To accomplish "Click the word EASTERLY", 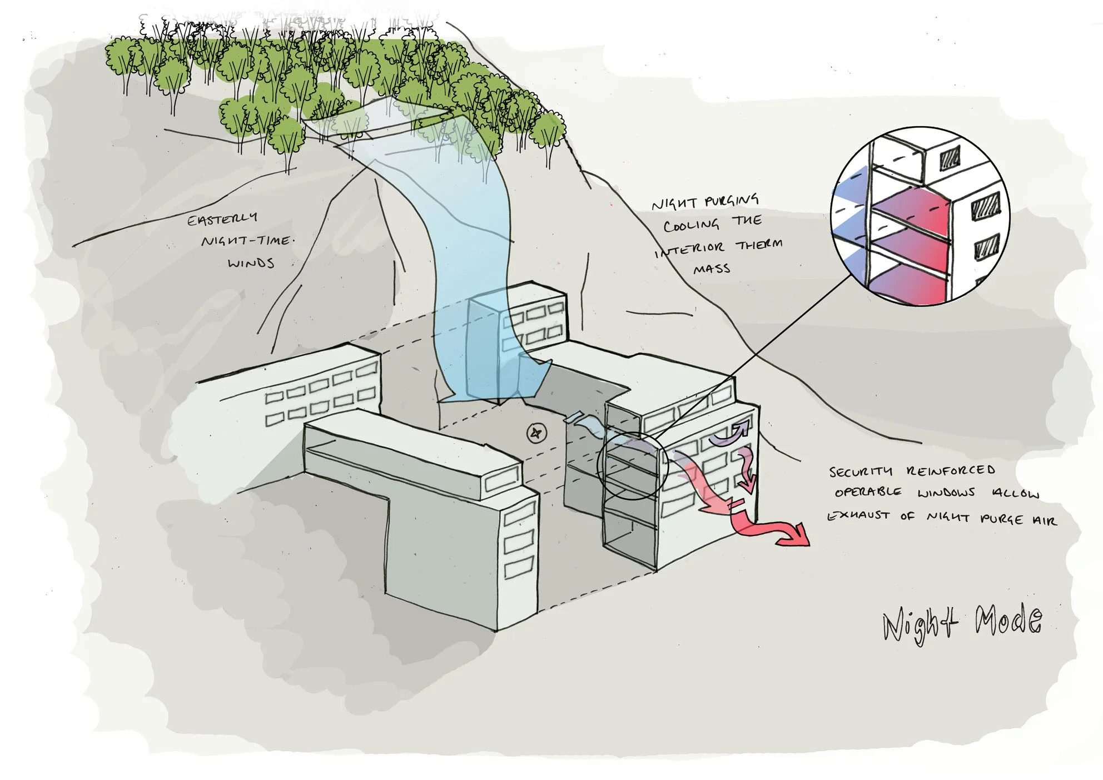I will (x=222, y=219).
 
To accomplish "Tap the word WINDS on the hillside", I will (x=251, y=262).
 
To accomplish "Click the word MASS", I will (x=712, y=270).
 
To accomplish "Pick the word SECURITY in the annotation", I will (x=861, y=472).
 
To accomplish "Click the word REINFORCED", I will (x=951, y=470).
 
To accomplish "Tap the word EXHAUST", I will (x=858, y=516).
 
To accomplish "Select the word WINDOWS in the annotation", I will (x=946, y=493).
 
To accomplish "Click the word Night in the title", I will (x=920, y=624).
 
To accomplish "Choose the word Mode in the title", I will (x=1008, y=619).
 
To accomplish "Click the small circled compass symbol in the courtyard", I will (x=536, y=433).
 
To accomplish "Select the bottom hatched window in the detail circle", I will (x=986, y=246).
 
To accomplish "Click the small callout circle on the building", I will (x=632, y=465).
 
